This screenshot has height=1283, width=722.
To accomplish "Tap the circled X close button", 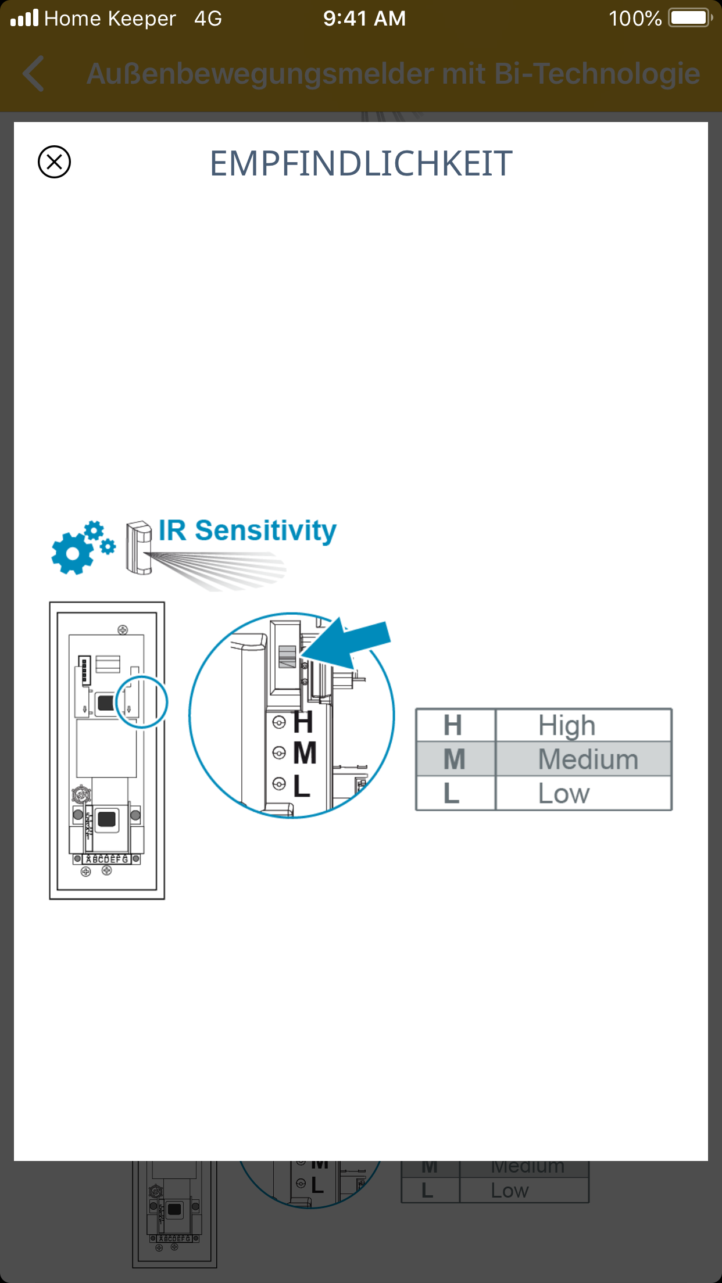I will pyautogui.click(x=54, y=162).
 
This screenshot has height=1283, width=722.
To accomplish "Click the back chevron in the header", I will pyautogui.click(x=34, y=74).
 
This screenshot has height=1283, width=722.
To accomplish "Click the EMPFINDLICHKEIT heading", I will pyautogui.click(x=361, y=163).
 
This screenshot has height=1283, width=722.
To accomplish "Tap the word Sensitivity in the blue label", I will pyautogui.click(x=265, y=531).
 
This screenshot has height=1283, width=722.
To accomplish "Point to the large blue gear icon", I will pyautogui.click(x=72, y=553).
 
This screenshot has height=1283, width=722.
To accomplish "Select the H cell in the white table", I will pyautogui.click(x=453, y=725).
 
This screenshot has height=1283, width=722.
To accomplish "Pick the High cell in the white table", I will pyautogui.click(x=567, y=725).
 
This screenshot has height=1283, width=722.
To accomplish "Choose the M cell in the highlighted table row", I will pyautogui.click(x=454, y=759).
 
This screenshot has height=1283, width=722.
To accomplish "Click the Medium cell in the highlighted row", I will pyautogui.click(x=588, y=759).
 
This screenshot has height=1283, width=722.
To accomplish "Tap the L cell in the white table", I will pyautogui.click(x=452, y=793).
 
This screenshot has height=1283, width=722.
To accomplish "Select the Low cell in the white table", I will pyautogui.click(x=564, y=793).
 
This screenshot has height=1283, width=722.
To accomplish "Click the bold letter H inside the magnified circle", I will pyautogui.click(x=303, y=722).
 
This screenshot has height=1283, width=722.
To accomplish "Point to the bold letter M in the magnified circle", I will pyautogui.click(x=305, y=754).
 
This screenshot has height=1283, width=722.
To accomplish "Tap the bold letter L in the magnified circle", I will pyautogui.click(x=302, y=786).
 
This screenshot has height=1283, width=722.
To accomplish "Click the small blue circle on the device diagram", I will pyautogui.click(x=142, y=701).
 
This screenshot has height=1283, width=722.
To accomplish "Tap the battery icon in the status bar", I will pyautogui.click(x=690, y=18).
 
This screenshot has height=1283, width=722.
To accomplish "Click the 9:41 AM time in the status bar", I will pyautogui.click(x=364, y=19).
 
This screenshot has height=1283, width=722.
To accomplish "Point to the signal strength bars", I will pyautogui.click(x=24, y=18).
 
